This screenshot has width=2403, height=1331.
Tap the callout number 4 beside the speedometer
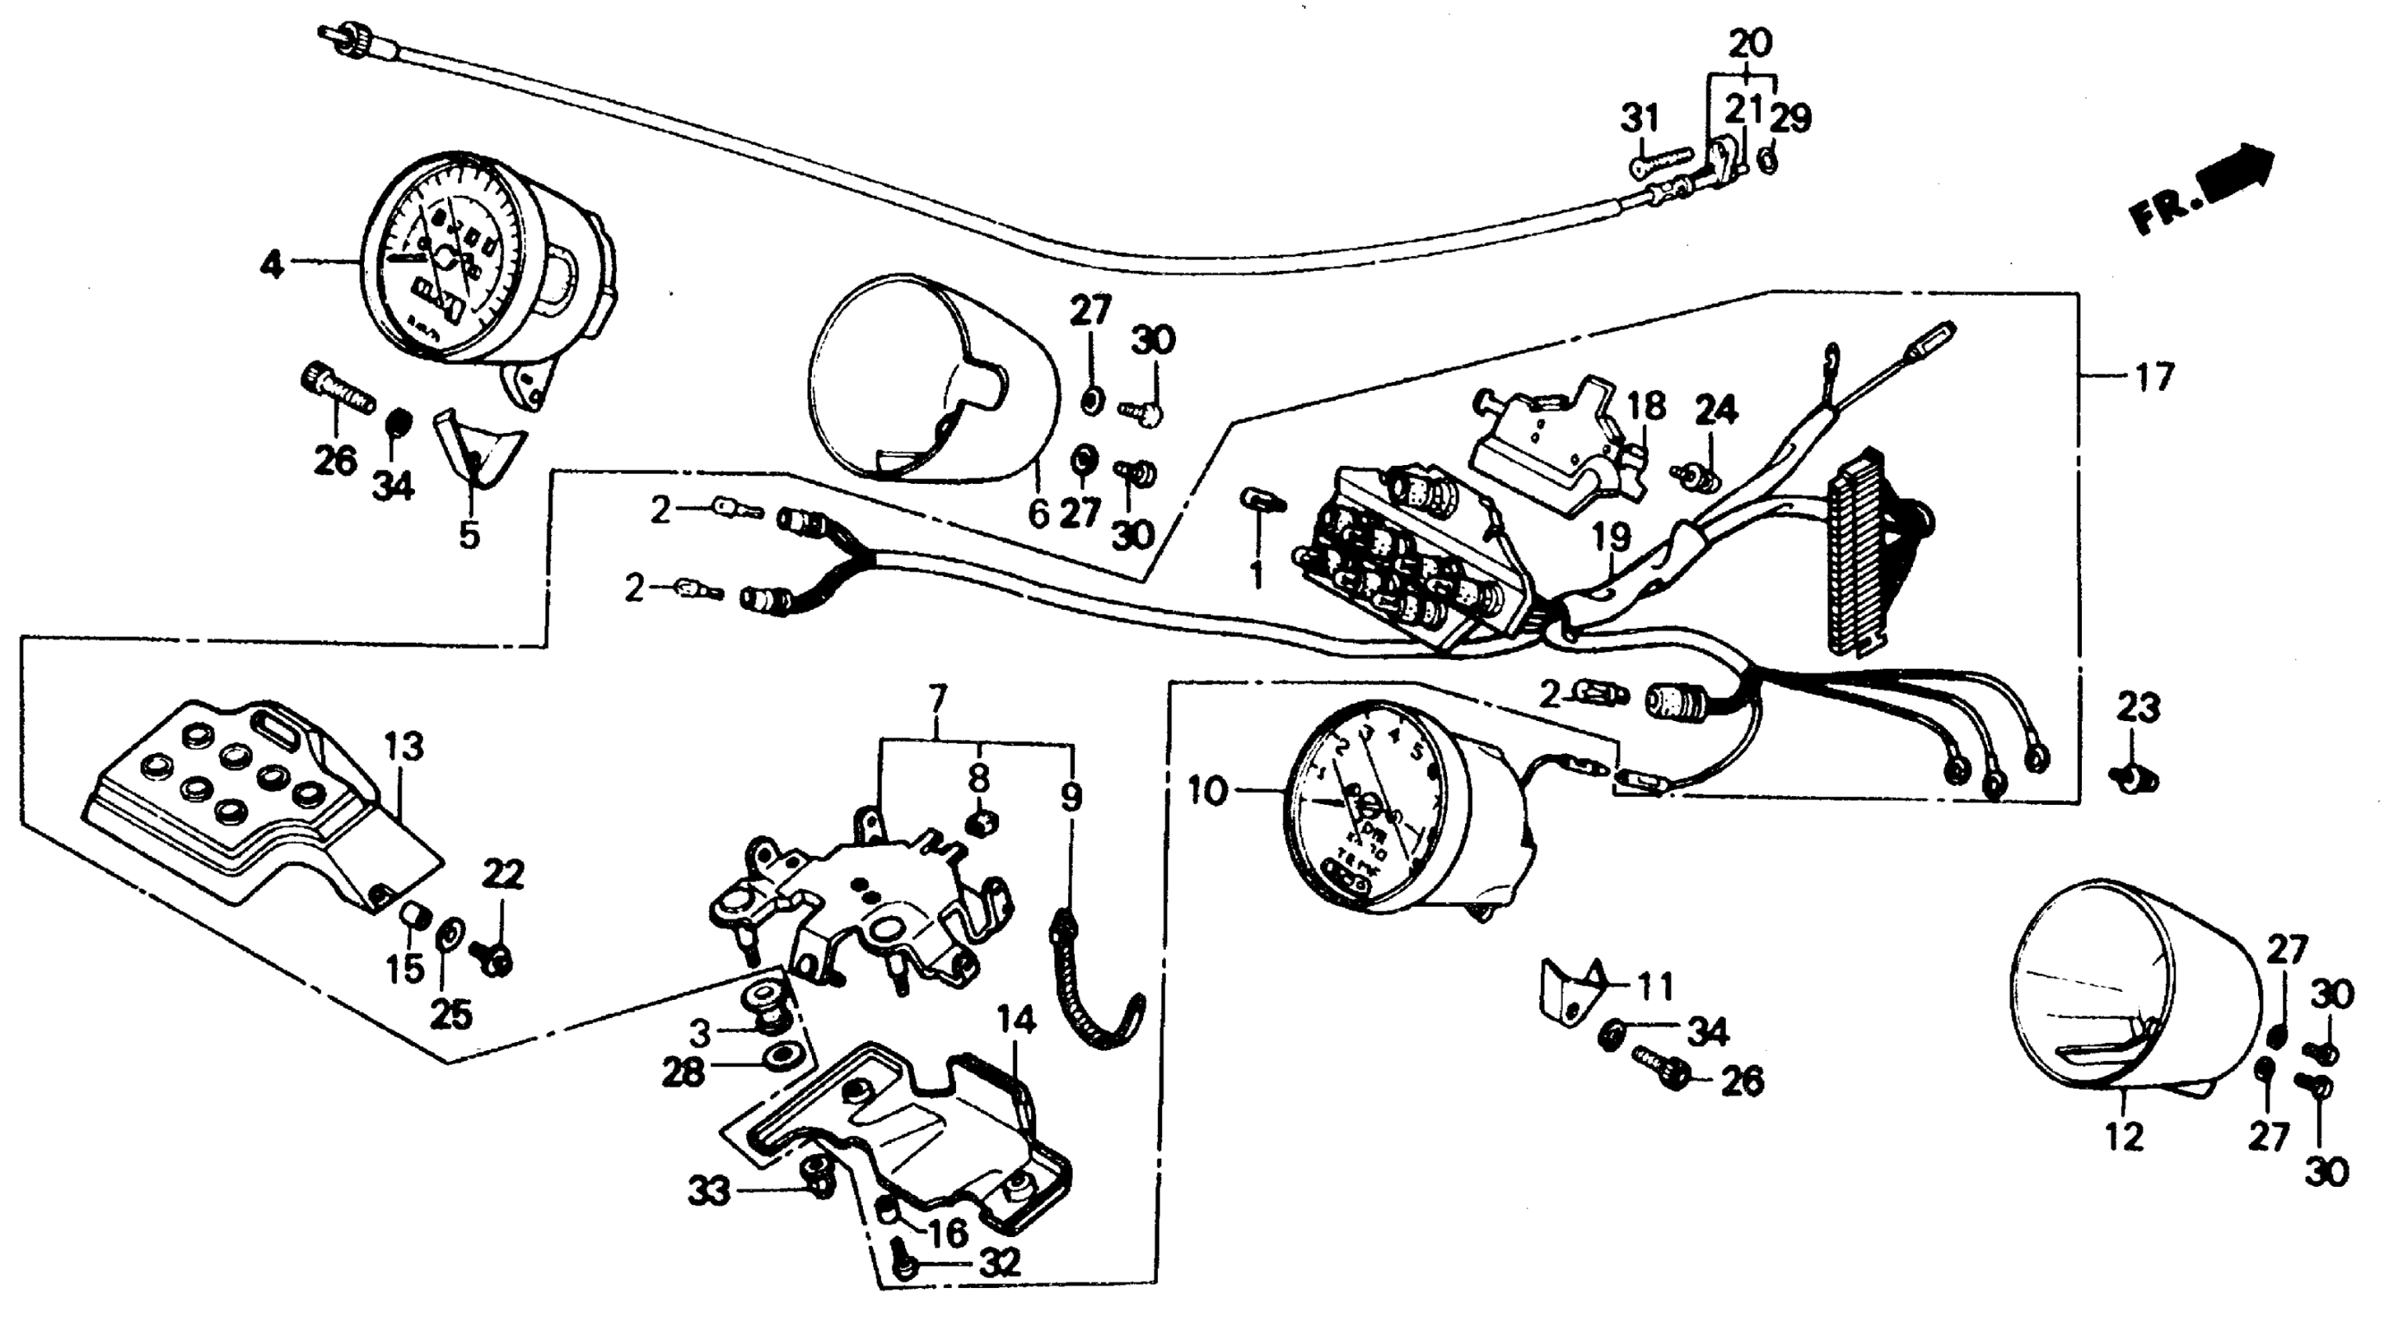(272, 265)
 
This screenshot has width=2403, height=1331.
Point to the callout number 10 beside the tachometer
(1209, 793)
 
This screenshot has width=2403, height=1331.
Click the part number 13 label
(404, 747)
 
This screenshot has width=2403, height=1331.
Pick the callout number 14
(1017, 1020)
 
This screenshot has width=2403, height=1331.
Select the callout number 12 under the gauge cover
(2123, 1137)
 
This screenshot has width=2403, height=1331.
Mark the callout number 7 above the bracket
(936, 698)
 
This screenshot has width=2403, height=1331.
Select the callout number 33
(709, 1191)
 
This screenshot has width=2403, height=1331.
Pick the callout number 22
(503, 874)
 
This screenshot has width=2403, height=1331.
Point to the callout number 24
(1716, 411)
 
